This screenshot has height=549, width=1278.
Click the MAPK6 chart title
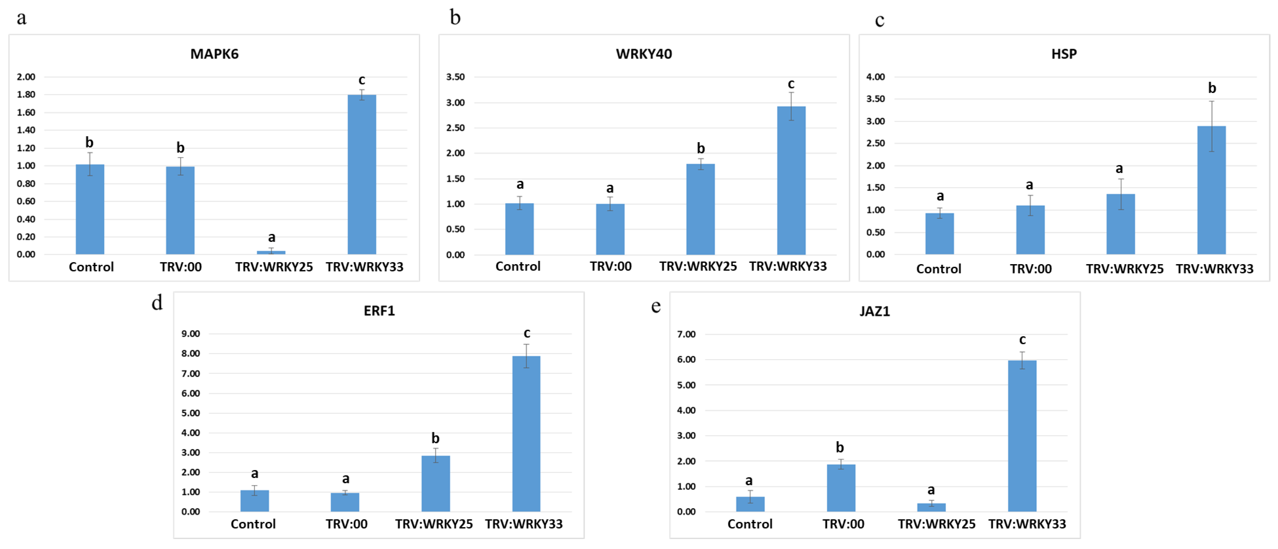(214, 54)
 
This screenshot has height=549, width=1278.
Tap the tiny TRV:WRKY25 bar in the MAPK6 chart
(271, 252)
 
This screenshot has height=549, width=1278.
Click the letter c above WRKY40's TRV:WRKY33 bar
(791, 84)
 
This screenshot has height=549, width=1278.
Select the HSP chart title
(1064, 54)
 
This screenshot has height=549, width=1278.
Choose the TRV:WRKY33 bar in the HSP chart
(1211, 190)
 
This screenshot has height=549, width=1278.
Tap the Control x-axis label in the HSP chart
(938, 269)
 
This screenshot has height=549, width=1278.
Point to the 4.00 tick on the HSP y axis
(875, 77)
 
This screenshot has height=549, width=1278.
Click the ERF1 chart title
(379, 311)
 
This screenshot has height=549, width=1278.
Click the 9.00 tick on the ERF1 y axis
(190, 334)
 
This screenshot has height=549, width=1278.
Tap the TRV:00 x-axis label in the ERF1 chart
(346, 524)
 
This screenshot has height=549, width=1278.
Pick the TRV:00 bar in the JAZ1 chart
(841, 488)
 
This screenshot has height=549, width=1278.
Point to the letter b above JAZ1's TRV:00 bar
(839, 447)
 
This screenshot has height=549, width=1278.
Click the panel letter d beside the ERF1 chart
(157, 302)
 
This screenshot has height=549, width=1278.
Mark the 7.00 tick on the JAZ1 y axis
(686, 334)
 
